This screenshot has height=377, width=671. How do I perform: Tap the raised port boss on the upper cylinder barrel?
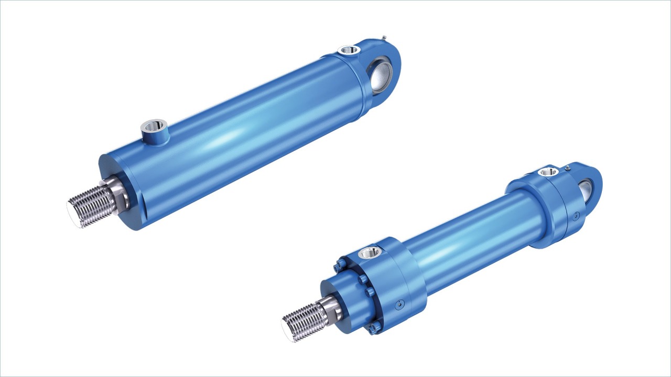154,128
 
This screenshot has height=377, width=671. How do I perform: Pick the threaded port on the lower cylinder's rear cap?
548,171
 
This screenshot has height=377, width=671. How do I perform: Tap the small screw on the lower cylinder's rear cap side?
576,215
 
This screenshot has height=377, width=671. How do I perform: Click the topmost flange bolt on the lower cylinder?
341,260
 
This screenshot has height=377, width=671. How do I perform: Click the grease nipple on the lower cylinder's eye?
567,168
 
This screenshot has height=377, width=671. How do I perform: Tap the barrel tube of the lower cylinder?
472,236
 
